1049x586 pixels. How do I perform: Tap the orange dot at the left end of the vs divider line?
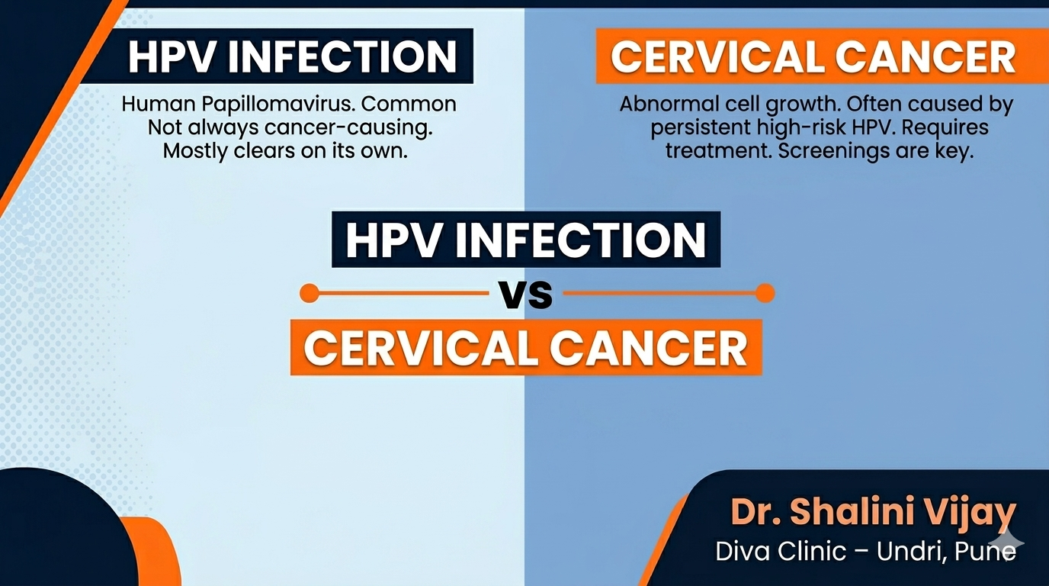(309, 294)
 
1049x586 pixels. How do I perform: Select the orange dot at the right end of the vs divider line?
(765, 294)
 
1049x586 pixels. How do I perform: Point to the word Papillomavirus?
(276, 105)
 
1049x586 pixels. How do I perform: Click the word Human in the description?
(159, 104)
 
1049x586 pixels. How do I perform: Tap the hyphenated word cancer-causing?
(348, 128)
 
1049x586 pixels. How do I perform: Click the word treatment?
(718, 151)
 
